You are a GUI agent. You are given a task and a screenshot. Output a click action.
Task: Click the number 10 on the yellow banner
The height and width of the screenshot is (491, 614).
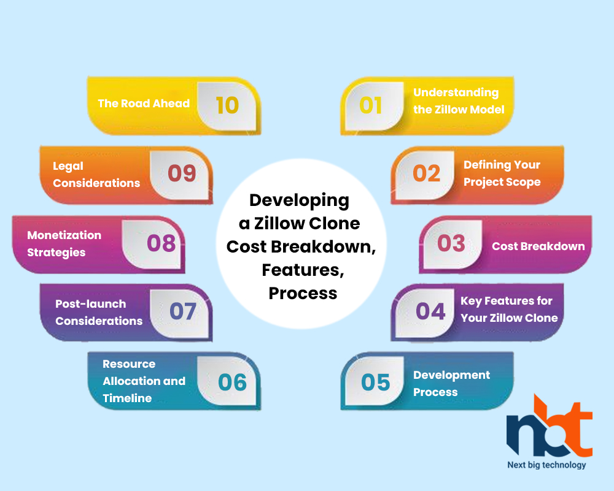pyautogui.click(x=227, y=105)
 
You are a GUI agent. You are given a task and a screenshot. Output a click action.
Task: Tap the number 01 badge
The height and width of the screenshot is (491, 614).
pyautogui.click(x=370, y=105)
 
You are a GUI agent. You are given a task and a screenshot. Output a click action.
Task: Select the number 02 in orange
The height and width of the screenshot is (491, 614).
pyautogui.click(x=427, y=173)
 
